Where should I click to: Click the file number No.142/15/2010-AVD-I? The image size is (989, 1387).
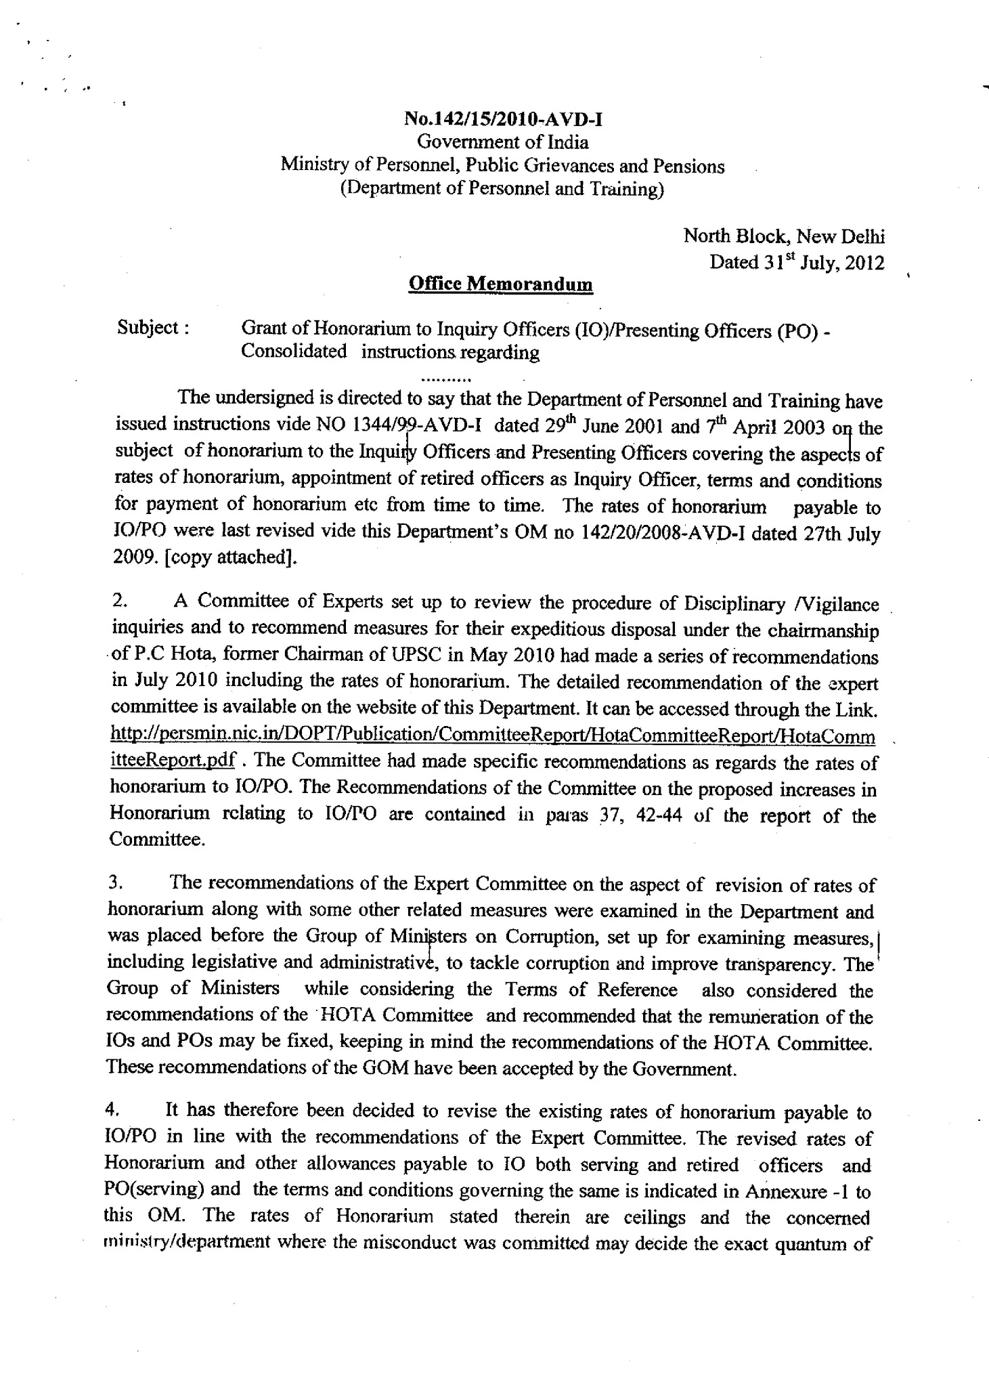(502, 120)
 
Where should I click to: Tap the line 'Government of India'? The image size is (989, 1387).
(502, 142)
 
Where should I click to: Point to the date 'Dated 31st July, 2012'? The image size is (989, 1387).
(796, 262)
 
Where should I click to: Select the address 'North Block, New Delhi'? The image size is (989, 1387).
(784, 236)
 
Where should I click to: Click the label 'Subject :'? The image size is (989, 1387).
(152, 328)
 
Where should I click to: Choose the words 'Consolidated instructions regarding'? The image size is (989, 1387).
(390, 352)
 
